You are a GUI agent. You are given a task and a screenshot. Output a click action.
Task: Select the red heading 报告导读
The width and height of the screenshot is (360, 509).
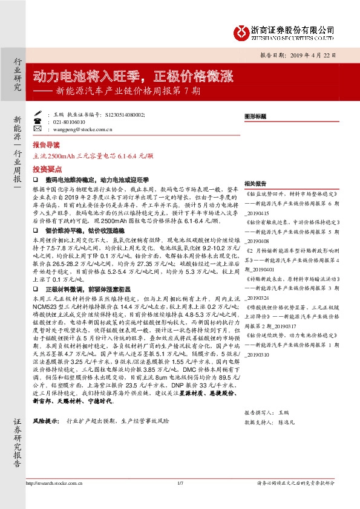coord(46,146)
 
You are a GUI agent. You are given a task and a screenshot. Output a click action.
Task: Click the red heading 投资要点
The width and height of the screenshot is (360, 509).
coord(46,170)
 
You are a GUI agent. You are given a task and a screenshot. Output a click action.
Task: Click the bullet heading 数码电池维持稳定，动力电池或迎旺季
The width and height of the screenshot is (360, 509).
coord(97,180)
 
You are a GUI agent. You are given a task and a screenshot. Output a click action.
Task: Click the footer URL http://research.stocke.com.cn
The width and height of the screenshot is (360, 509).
coord(54,484)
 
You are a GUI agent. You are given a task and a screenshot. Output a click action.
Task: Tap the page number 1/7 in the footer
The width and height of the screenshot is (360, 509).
coord(180,484)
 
